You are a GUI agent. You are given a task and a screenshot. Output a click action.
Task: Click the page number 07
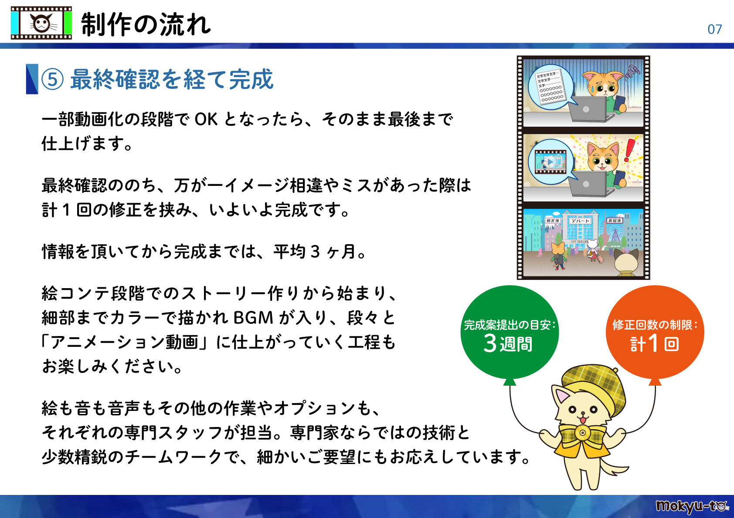tap(714, 29)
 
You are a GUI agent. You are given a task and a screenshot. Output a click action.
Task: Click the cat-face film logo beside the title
tap(41, 23)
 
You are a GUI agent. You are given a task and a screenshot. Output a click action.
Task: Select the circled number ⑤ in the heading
tap(53, 79)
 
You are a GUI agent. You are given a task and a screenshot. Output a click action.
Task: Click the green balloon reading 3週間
tap(509, 333)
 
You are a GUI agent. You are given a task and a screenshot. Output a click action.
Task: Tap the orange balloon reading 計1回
tap(655, 333)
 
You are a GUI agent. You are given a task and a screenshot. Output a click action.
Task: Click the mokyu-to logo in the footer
tap(691, 506)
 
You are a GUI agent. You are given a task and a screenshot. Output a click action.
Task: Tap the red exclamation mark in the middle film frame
tap(629, 150)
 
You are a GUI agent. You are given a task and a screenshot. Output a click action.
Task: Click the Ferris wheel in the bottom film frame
tap(615, 235)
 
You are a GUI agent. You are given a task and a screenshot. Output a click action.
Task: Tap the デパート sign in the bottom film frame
tap(580, 221)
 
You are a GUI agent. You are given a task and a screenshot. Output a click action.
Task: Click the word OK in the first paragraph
tap(206, 119)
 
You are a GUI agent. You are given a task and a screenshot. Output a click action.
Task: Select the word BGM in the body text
tap(253, 318)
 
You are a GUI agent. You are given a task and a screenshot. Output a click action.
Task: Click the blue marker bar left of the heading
tap(32, 79)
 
